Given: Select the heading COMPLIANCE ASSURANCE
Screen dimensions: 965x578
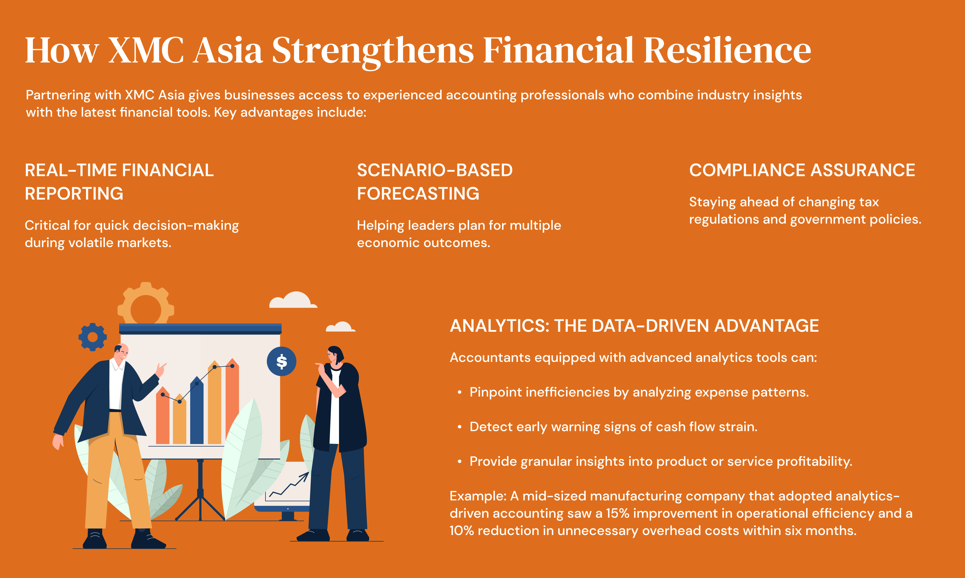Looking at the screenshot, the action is pyautogui.click(x=802, y=170).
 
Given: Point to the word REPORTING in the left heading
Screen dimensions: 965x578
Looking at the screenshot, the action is pyautogui.click(x=74, y=194).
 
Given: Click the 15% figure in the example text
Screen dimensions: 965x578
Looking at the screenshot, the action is pyautogui.click(x=618, y=513).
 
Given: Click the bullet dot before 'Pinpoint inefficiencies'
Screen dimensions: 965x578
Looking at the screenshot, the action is pyautogui.click(x=460, y=393).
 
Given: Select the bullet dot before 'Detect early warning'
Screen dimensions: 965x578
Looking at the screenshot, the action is pyautogui.click(x=460, y=427).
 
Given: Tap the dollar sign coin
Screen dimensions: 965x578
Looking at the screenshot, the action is pyautogui.click(x=281, y=361).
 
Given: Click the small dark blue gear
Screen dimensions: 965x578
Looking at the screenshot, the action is pyautogui.click(x=93, y=337).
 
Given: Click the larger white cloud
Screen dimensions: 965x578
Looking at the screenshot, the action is pyautogui.click(x=293, y=300).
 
